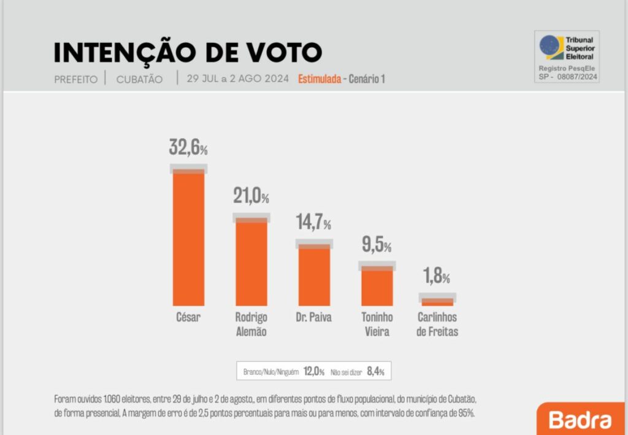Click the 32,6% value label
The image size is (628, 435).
(x=188, y=148)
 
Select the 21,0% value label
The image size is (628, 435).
(x=251, y=196)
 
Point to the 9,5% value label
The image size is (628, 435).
(x=376, y=246)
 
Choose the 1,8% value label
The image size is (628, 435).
(x=437, y=277)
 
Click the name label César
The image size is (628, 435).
(x=188, y=318)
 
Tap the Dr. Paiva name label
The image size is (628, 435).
(x=313, y=318)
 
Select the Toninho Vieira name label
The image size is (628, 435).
(x=377, y=325)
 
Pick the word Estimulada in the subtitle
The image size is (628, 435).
(x=319, y=80)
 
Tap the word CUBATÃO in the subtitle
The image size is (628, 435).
(x=139, y=80)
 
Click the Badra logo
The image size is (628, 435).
(x=580, y=420)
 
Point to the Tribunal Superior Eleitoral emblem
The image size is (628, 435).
(x=551, y=47)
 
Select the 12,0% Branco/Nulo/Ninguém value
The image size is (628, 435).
(x=313, y=371)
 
